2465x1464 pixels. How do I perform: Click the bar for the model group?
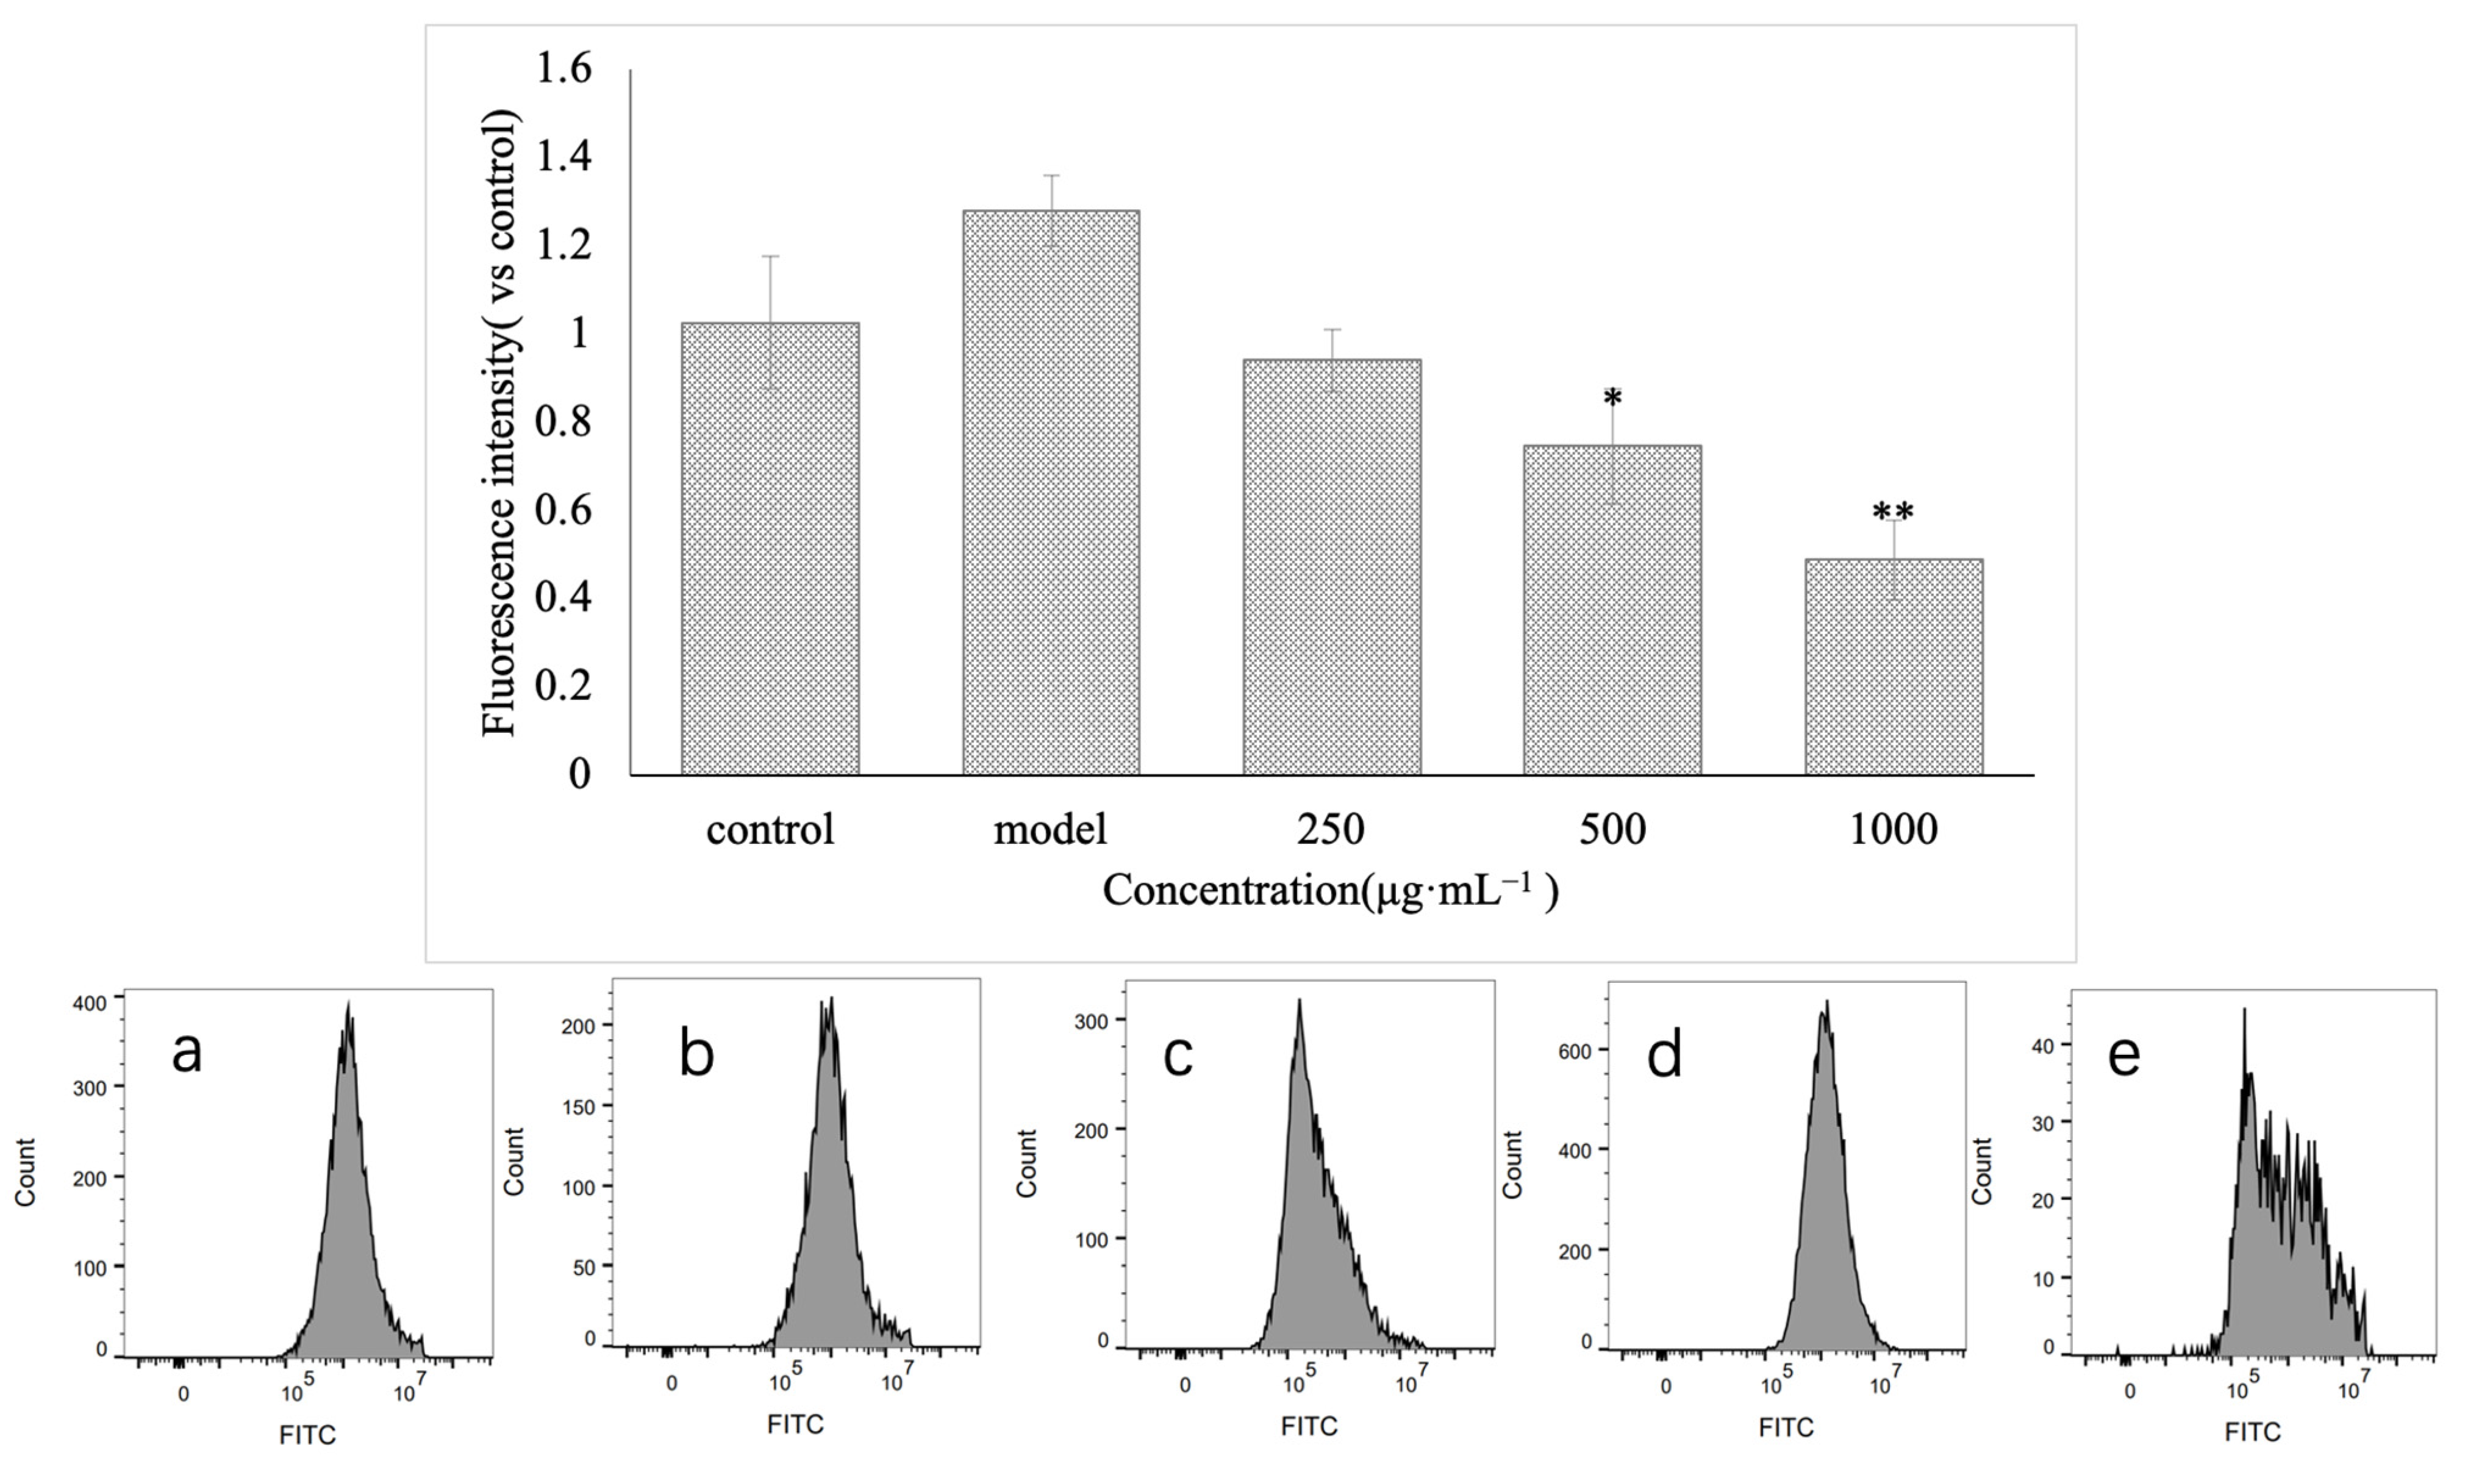pos(1051,493)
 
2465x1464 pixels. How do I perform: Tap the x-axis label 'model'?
pos(1051,830)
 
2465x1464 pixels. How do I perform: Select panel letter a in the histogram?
pos(187,1052)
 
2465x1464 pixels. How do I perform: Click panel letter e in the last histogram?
pos(2123,1055)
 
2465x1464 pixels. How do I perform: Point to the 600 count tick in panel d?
pos(1575,1052)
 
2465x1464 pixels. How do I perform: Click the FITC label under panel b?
pos(795,1424)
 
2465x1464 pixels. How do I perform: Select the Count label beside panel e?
pos(1981,1171)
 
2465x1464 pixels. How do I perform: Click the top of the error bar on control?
pos(770,257)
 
